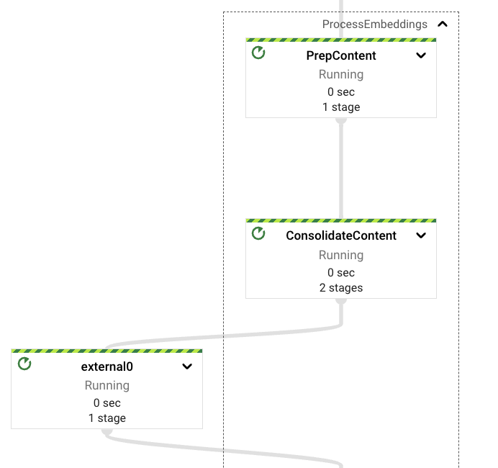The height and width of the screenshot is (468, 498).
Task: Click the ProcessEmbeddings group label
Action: tap(374, 24)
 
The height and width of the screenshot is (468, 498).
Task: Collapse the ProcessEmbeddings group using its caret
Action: tap(443, 24)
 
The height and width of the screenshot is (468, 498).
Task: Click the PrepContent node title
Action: tap(341, 56)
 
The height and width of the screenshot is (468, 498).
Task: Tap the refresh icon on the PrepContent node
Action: tap(258, 53)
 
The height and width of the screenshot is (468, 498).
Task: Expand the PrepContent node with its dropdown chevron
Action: tap(421, 56)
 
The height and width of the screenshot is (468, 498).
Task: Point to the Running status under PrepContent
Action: tap(341, 74)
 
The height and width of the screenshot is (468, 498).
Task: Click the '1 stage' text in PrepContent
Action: tap(341, 107)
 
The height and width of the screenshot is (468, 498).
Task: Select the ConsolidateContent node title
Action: tap(341, 235)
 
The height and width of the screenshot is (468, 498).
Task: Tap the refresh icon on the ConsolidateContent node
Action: tap(258, 233)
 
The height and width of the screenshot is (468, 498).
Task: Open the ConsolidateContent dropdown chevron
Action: tap(421, 235)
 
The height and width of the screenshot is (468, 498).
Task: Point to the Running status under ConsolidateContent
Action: tap(341, 255)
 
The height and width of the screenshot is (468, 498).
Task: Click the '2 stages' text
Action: tap(341, 287)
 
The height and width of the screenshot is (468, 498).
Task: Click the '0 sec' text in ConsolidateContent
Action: tap(341, 272)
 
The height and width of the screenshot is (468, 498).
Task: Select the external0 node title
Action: tap(107, 366)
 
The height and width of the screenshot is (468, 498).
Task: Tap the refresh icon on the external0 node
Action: tap(24, 364)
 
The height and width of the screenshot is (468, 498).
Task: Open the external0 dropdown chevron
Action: tap(187, 366)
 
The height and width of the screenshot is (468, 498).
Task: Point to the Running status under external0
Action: tap(107, 385)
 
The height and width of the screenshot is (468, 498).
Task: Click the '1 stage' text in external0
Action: tap(107, 418)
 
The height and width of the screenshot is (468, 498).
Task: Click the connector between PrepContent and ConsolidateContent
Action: tap(341, 169)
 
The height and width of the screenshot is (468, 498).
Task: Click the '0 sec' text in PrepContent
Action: tap(341, 91)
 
